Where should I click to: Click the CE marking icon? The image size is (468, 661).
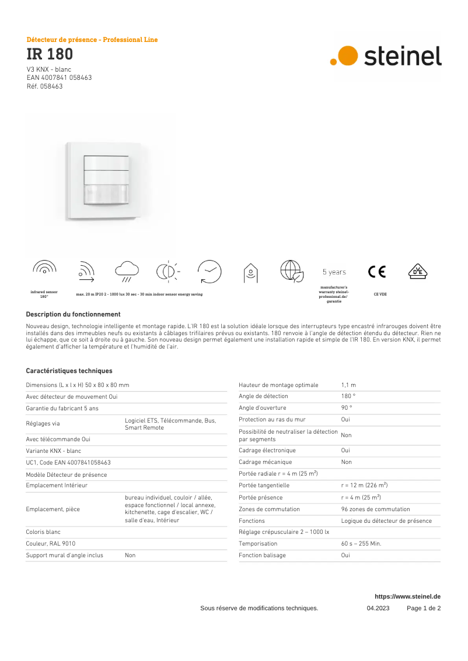(x=377, y=272)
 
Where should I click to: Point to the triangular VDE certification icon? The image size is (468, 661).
(x=417, y=272)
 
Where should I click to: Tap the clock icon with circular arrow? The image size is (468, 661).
(x=209, y=272)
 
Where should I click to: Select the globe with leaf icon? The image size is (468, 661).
(x=292, y=272)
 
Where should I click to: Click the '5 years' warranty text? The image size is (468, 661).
(x=334, y=272)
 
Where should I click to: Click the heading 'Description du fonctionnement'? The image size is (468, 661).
(x=73, y=314)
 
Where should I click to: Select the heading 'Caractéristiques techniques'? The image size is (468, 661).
(x=69, y=371)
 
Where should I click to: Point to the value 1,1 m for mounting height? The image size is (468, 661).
(x=348, y=385)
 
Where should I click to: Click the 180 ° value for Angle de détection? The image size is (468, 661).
(x=348, y=396)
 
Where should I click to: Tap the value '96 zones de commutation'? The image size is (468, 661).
(x=375, y=509)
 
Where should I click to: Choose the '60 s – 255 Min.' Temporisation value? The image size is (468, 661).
(x=361, y=544)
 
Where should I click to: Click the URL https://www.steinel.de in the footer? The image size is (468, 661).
(x=407, y=597)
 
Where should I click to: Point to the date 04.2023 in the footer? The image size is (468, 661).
(x=378, y=609)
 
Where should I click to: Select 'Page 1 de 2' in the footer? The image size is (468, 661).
(x=424, y=609)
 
